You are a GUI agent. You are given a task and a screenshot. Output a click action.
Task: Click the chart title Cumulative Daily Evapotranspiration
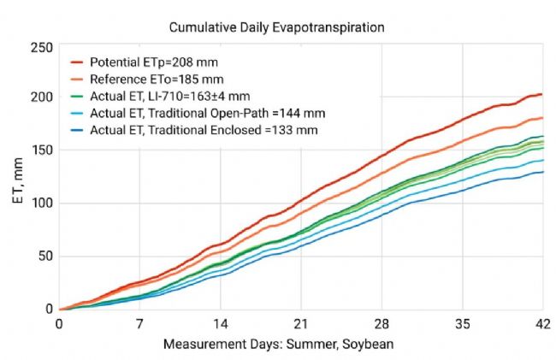276,27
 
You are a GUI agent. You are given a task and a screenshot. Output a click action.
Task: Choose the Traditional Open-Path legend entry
204,112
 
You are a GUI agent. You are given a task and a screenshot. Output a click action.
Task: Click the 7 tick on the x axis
139,326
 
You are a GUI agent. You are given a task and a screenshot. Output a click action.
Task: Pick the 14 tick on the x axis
220,326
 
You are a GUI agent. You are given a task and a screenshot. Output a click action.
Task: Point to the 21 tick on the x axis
300,326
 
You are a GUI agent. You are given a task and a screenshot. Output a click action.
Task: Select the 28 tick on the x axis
382,326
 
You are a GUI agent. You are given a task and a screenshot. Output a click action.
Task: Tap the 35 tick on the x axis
463,326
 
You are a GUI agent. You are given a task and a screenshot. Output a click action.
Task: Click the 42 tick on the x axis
542,326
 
